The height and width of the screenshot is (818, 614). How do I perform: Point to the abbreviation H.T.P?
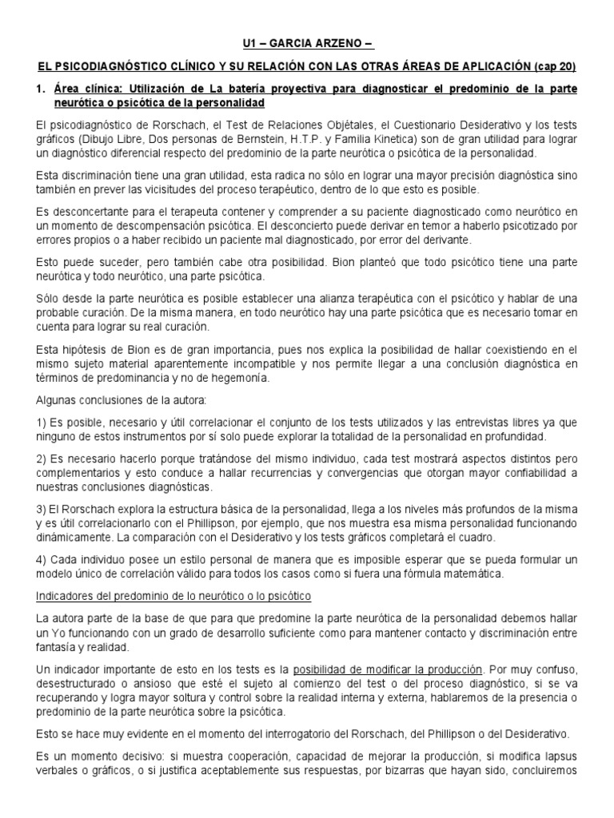[329, 141]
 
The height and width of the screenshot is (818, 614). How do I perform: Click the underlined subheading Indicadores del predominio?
[173, 596]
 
